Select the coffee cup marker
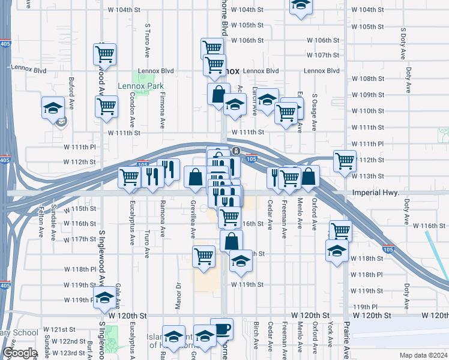pos(221,329)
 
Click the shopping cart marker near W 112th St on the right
pos(345,160)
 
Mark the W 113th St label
pos(367,176)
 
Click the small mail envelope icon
pos(61,123)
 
